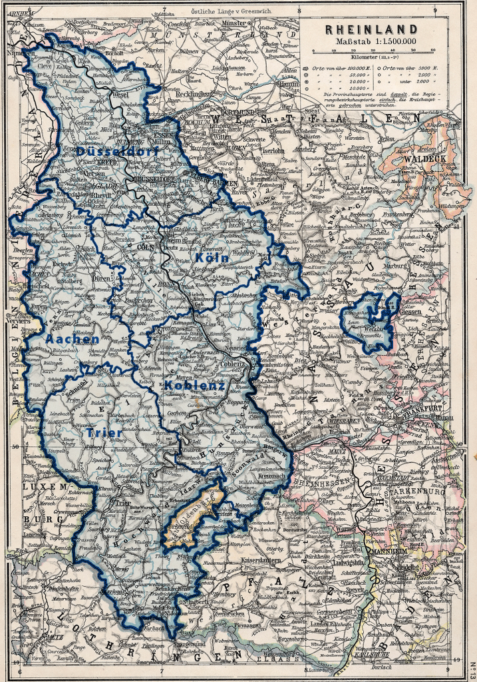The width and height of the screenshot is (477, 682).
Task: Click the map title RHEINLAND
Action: [x=371, y=29]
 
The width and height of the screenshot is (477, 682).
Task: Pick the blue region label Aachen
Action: [x=73, y=339]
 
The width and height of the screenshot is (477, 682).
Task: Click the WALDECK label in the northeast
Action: [x=430, y=159]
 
